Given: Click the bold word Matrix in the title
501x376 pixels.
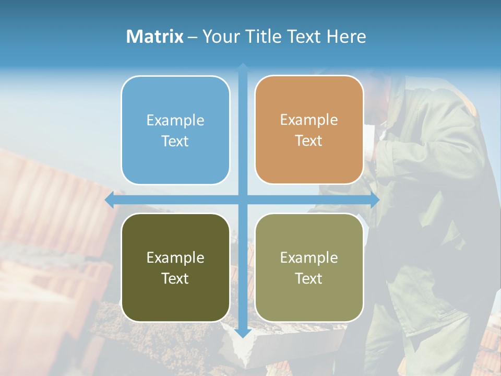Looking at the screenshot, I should (155, 37).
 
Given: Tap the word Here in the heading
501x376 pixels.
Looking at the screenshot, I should (346, 37).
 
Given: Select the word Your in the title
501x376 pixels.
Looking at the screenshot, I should (221, 37).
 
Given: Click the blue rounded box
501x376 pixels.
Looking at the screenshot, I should (175, 162).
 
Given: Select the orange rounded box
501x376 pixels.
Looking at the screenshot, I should (309, 162).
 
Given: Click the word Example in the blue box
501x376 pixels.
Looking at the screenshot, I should (175, 121).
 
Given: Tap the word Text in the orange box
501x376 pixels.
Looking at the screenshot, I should (309, 141).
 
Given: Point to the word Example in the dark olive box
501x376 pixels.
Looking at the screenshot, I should (175, 258).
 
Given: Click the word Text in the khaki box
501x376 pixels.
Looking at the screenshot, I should (309, 278).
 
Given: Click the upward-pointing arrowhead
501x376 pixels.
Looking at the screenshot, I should (243, 67).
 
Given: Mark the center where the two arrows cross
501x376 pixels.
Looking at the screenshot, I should (243, 200).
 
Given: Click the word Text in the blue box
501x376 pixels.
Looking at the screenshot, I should (175, 141).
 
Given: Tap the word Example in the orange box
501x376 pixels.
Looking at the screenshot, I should (309, 121).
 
